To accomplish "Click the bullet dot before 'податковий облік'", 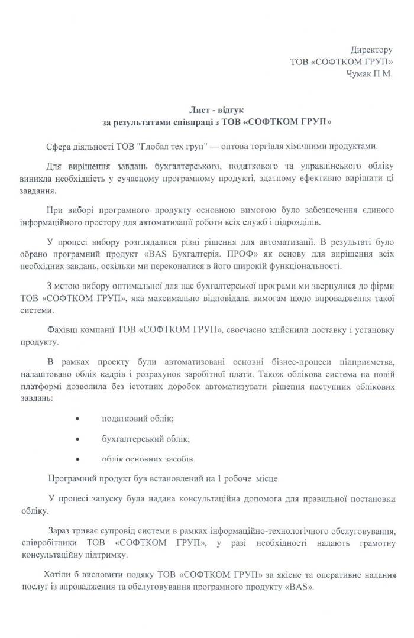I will click(x=77, y=419).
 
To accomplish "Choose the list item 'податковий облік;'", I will click(x=138, y=419).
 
